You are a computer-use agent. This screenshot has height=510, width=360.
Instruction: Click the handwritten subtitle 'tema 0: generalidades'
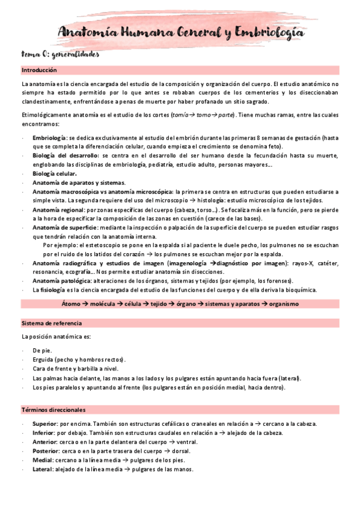click(60, 54)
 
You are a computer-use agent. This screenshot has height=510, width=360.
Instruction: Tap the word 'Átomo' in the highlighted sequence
click(72, 304)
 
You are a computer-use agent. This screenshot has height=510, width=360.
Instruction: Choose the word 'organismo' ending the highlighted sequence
click(284, 304)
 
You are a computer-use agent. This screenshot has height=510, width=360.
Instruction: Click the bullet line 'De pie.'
click(42, 350)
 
